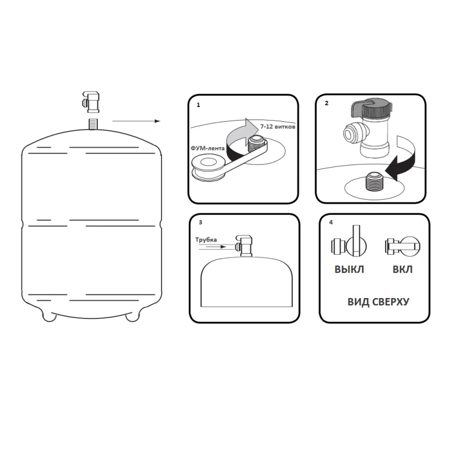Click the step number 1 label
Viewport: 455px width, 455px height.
point(198,105)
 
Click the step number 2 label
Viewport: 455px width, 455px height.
point(326,104)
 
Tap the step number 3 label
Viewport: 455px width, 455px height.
point(200,222)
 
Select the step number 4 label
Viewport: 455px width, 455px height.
point(331,222)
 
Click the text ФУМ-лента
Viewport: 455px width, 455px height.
point(208,148)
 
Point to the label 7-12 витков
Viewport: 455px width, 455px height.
point(278,127)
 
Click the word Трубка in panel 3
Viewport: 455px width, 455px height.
point(206,239)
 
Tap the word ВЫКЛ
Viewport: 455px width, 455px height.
point(349,270)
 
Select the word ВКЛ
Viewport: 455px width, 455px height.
point(403,270)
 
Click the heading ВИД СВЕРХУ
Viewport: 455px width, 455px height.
point(378,302)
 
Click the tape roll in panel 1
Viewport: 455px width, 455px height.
point(208,168)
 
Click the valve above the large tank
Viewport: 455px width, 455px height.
point(91,102)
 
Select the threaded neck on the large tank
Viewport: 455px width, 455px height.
point(93,124)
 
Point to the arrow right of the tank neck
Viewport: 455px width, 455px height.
point(136,121)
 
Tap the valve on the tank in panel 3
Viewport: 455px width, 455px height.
point(244,246)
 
